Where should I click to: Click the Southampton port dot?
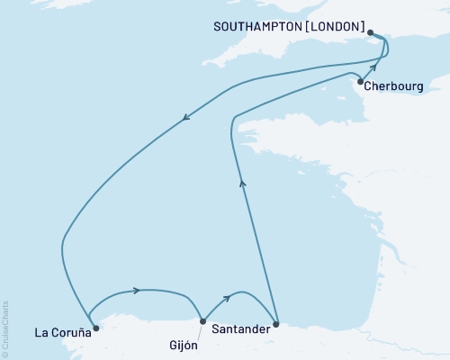[x=371, y=36]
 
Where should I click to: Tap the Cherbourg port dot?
[x=360, y=83]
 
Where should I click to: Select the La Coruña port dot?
[x=96, y=328]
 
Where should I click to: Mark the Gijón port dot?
[x=202, y=320]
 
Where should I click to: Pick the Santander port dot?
[x=276, y=323]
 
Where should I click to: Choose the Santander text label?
[x=240, y=329]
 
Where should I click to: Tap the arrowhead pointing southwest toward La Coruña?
[x=185, y=116]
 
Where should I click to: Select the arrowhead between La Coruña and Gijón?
[x=136, y=290]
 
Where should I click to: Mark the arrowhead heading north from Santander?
[x=241, y=184]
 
